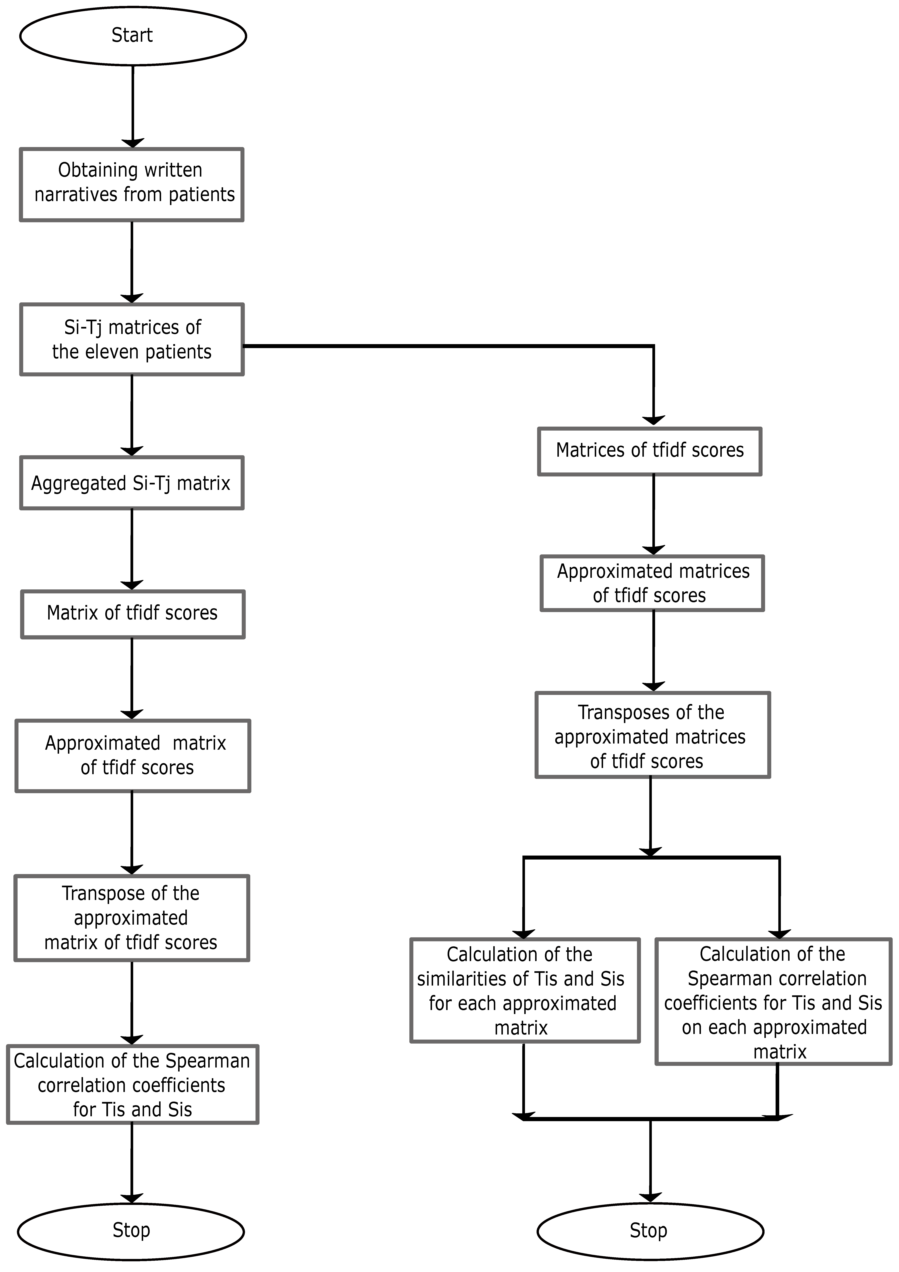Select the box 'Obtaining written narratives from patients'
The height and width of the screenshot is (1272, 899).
[x=132, y=185]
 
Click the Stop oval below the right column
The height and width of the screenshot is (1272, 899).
[x=650, y=1230]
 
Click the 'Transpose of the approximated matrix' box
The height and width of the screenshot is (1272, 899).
[x=132, y=918]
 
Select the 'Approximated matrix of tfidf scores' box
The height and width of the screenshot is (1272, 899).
[x=133, y=756]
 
